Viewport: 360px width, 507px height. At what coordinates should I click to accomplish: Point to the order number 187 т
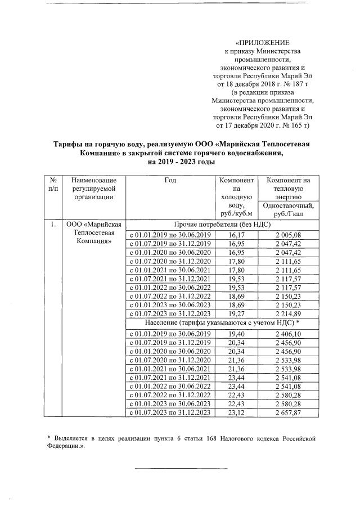pyautogui.click(x=299, y=83)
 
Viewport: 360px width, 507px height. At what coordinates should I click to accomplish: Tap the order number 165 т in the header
pyautogui.click(x=298, y=124)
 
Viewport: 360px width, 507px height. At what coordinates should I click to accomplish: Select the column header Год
pyautogui.click(x=170, y=180)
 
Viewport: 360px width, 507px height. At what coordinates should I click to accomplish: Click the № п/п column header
pyautogui.click(x=52, y=183)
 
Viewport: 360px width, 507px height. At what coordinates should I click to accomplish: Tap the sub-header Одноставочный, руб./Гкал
pyautogui.click(x=290, y=210)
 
